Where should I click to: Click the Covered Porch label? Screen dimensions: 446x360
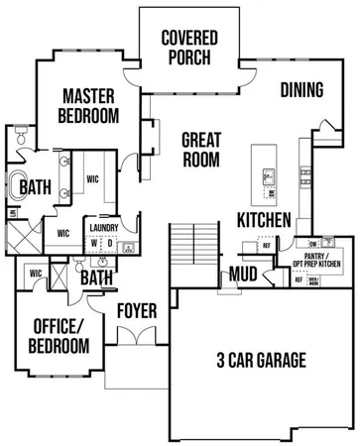[x=189, y=47]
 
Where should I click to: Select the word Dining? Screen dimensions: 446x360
[x=301, y=90]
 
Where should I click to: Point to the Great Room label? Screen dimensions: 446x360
[x=200, y=149]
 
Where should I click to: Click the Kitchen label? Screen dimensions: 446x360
[x=264, y=219]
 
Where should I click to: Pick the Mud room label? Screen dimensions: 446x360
[x=245, y=274]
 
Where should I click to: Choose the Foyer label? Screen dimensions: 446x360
[x=137, y=310]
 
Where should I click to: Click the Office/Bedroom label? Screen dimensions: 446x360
[x=61, y=335]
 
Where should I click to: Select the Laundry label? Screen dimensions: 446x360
[x=104, y=227]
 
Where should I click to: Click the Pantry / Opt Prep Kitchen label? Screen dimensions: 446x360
[x=323, y=260]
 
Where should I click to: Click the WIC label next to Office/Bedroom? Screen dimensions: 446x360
[x=35, y=273]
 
